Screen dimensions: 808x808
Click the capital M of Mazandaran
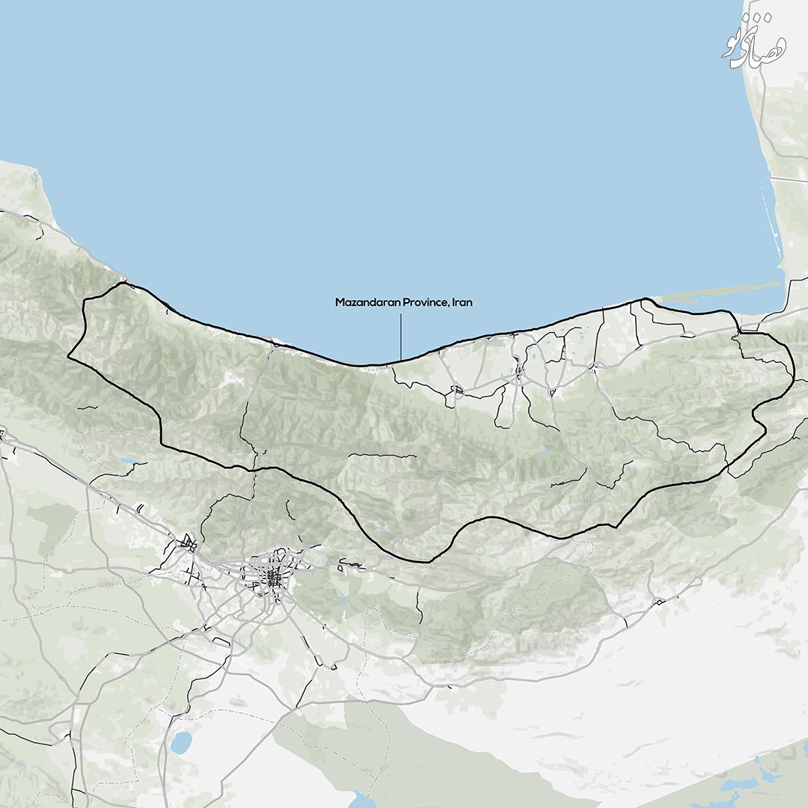(339, 303)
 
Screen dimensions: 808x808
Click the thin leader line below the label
(401, 337)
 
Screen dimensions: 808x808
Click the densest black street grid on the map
(274, 577)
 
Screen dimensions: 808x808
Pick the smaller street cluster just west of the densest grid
(189, 545)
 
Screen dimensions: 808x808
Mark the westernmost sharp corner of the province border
(69, 357)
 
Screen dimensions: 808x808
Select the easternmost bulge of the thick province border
(792, 374)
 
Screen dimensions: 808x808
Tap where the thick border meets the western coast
(123, 284)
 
